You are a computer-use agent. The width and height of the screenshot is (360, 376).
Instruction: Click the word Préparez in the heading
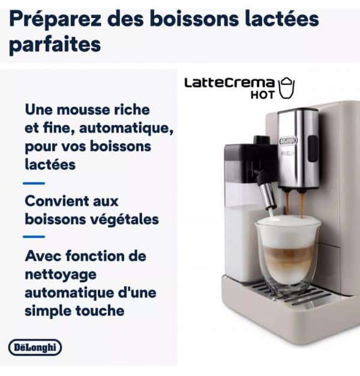click(55, 20)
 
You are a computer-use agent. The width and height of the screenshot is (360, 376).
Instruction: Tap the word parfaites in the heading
click(55, 45)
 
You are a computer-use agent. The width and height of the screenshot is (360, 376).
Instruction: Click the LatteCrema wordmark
click(229, 83)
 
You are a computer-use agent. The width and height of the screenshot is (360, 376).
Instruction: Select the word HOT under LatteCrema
click(262, 95)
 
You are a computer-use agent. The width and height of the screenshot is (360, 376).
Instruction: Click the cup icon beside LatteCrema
click(286, 88)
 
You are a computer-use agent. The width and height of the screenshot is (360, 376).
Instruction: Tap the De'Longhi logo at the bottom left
click(35, 347)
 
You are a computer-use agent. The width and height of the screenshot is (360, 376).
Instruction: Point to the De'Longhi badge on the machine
click(288, 140)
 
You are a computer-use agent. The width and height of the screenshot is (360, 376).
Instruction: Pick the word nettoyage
click(61, 275)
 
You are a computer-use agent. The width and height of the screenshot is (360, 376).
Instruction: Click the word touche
click(100, 311)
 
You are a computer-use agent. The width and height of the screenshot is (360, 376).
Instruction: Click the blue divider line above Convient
click(34, 184)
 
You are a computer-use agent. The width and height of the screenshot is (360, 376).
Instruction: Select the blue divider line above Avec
click(34, 237)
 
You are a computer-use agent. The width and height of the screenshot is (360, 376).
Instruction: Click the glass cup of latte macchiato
click(288, 254)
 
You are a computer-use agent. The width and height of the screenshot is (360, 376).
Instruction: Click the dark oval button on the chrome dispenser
click(313, 149)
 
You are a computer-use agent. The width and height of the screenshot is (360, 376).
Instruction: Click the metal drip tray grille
click(293, 293)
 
